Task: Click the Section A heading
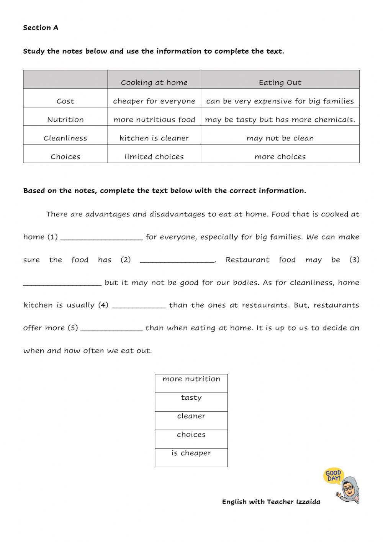click(41, 28)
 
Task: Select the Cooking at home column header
click(154, 82)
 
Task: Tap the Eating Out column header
click(280, 82)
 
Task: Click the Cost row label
click(65, 101)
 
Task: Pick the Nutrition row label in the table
click(65, 120)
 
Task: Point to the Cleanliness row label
click(65, 138)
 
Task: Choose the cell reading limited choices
click(154, 157)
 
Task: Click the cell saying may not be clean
click(280, 138)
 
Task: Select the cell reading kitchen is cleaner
click(154, 138)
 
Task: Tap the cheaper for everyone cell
click(154, 101)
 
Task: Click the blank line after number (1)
click(101, 238)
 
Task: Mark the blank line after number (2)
click(177, 261)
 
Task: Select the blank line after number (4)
click(139, 306)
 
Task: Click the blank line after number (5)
click(112, 329)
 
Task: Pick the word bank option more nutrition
click(191, 379)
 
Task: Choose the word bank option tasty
click(191, 398)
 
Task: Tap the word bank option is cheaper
click(191, 453)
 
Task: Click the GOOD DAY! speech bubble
click(333, 476)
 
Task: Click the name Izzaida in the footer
click(308, 502)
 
